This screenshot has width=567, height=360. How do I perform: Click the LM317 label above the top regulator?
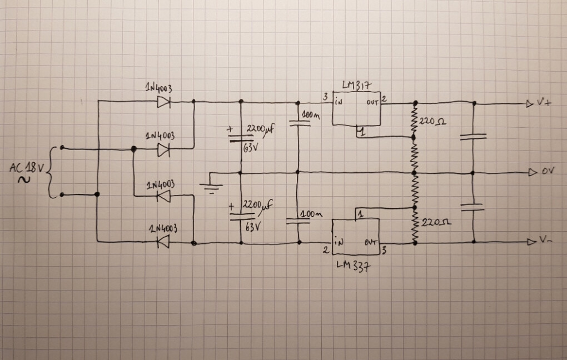point(356,85)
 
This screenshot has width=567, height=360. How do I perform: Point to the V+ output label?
point(543,103)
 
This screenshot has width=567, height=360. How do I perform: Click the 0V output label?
point(548,172)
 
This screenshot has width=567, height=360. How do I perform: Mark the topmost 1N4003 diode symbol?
point(164,102)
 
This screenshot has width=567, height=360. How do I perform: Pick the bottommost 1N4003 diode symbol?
point(163,242)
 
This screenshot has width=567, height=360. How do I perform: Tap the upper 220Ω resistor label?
point(432,120)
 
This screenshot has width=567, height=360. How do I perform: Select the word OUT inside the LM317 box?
point(372,103)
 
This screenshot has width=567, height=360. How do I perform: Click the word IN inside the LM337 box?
point(339,242)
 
